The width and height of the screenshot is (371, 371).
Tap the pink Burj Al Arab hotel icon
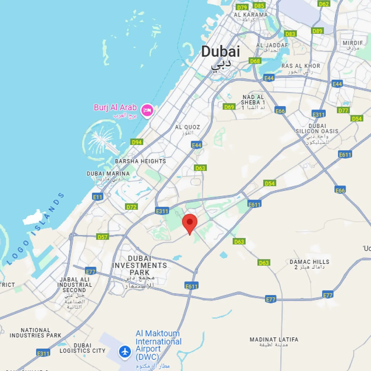tap(147, 110)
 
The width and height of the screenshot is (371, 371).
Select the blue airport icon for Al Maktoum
tap(125, 352)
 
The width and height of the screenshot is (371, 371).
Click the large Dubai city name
tap(220, 51)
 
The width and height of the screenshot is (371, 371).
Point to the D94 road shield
tap(137, 142)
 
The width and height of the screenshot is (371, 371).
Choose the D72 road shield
tap(131, 207)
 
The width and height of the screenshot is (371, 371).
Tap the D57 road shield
tap(102, 237)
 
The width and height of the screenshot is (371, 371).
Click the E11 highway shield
tap(98, 197)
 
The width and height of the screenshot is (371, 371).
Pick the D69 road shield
tap(229, 107)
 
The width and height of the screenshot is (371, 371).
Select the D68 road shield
tap(255, 61)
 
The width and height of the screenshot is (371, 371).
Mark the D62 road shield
tap(324, 4)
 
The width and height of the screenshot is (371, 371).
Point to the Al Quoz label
tap(187, 127)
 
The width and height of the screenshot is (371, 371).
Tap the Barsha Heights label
tap(140, 161)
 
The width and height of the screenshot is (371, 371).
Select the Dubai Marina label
tap(108, 174)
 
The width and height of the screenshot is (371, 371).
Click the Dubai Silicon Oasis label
tap(317, 128)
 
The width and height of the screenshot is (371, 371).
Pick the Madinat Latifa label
tap(274, 340)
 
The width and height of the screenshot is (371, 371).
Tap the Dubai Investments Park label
tap(140, 265)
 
